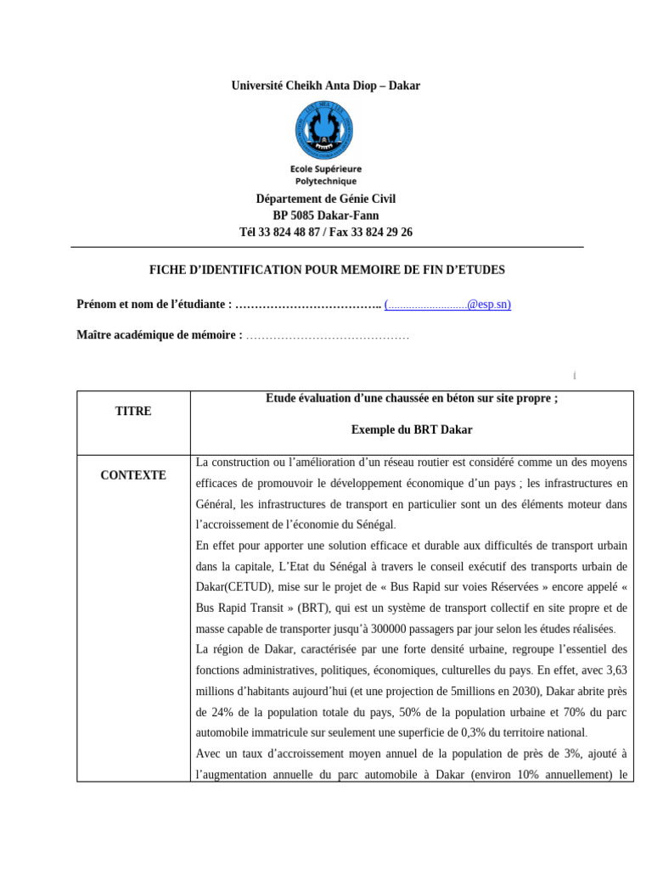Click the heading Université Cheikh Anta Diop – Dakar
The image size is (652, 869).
[x=326, y=86]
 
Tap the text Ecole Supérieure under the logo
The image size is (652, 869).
[x=326, y=169]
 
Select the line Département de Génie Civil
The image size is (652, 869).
[x=326, y=199]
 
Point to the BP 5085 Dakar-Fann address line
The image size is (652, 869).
[x=326, y=216]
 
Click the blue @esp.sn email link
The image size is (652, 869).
[x=448, y=304]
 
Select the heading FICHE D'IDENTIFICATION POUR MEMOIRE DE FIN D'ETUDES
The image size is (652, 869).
[x=326, y=270]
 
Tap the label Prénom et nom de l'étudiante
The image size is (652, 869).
[x=154, y=304]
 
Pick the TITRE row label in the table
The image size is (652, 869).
[x=133, y=411]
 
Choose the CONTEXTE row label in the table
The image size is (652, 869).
[x=133, y=475]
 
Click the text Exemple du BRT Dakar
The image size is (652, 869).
[x=412, y=430]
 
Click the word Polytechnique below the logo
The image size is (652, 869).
[x=326, y=181]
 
